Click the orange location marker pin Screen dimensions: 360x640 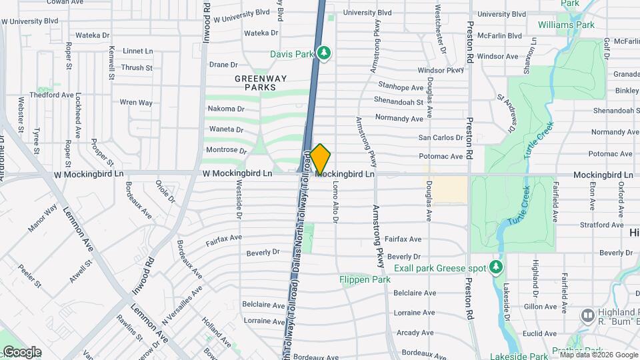[x=320, y=159]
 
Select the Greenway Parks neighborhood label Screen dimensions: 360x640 [x=261, y=83]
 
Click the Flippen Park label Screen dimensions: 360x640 [x=365, y=279]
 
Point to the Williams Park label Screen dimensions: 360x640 [x=565, y=25]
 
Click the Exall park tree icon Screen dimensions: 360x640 [x=495, y=268]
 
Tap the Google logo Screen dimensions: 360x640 [x=21, y=352]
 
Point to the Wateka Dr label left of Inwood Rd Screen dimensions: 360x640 [x=92, y=35]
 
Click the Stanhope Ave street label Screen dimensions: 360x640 [x=401, y=87]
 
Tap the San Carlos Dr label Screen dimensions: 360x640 [x=440, y=137]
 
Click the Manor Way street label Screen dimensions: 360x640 [x=42, y=222]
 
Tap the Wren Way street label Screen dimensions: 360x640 [x=136, y=103]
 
